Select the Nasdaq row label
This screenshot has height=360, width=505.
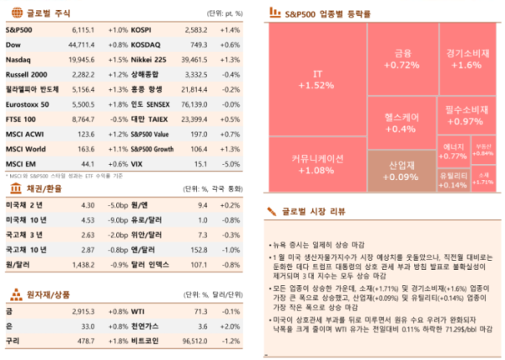18,60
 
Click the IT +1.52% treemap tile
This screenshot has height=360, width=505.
317,80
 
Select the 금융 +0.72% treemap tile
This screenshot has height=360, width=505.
406,59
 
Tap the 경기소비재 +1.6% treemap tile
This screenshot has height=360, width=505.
468,59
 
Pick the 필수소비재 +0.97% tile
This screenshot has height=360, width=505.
468,116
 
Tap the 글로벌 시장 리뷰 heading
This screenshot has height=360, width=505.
316,210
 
